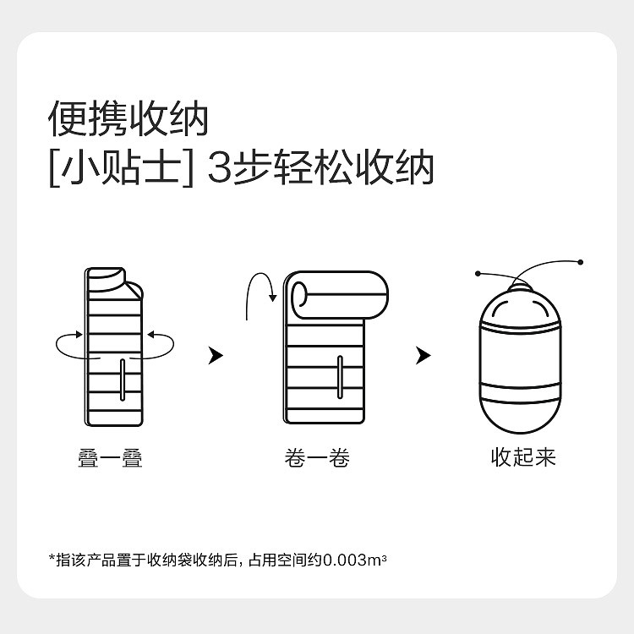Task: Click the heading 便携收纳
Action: pos(128,118)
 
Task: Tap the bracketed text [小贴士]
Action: pos(121,167)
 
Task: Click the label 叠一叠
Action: pos(110,458)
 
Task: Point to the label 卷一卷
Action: pos(317,458)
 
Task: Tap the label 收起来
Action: pos(523,457)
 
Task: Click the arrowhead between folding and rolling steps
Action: pos(216,355)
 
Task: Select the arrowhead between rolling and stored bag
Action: pos(424,355)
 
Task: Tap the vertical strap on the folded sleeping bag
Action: pos(123,380)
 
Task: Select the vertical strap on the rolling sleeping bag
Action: pos(340,377)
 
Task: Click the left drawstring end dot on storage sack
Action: pos(478,274)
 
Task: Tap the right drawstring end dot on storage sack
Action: pos(581,262)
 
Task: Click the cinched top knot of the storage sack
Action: pos(521,287)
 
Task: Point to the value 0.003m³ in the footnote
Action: pos(355,560)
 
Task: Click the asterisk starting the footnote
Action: pos(52,557)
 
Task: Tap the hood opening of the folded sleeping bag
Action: pos(106,277)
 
